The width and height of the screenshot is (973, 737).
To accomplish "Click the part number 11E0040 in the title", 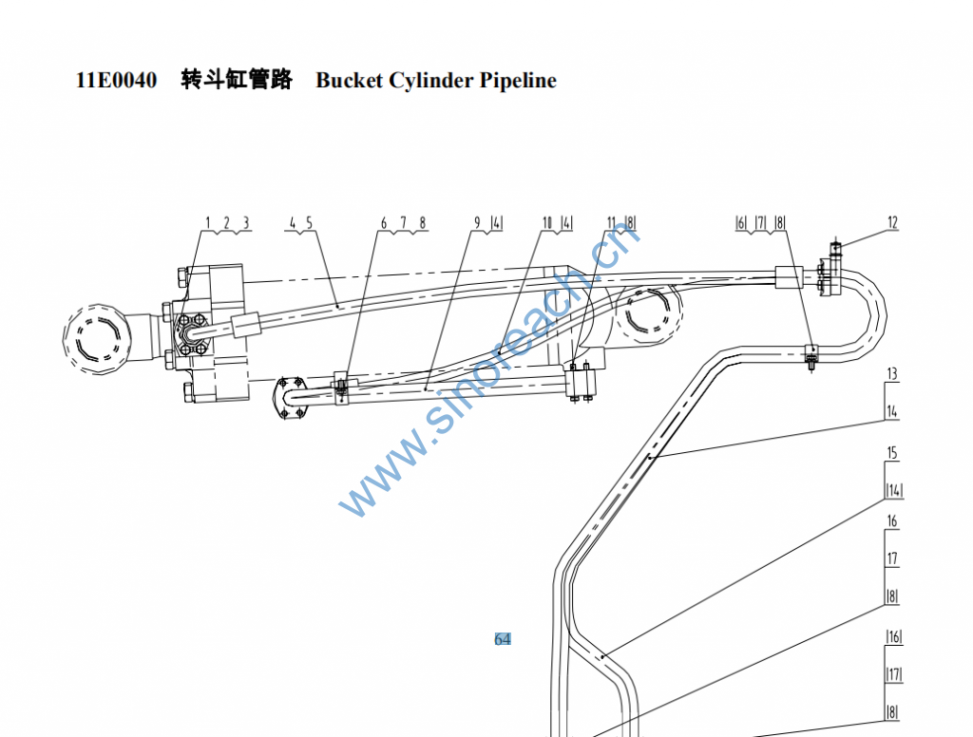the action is [x=116, y=80].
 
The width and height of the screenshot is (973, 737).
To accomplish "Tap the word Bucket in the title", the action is [x=350, y=80].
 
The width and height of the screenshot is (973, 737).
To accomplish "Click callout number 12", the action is [x=892, y=222].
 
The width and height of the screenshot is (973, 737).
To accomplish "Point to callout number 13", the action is [x=891, y=373].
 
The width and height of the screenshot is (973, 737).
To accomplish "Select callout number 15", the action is [x=891, y=452].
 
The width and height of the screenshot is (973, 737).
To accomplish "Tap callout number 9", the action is [x=477, y=222].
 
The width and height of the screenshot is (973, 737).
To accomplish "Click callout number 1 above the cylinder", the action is [x=208, y=222].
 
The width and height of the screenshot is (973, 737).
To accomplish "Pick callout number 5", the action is [x=309, y=222].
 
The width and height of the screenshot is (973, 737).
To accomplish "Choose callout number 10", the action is [x=547, y=222].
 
